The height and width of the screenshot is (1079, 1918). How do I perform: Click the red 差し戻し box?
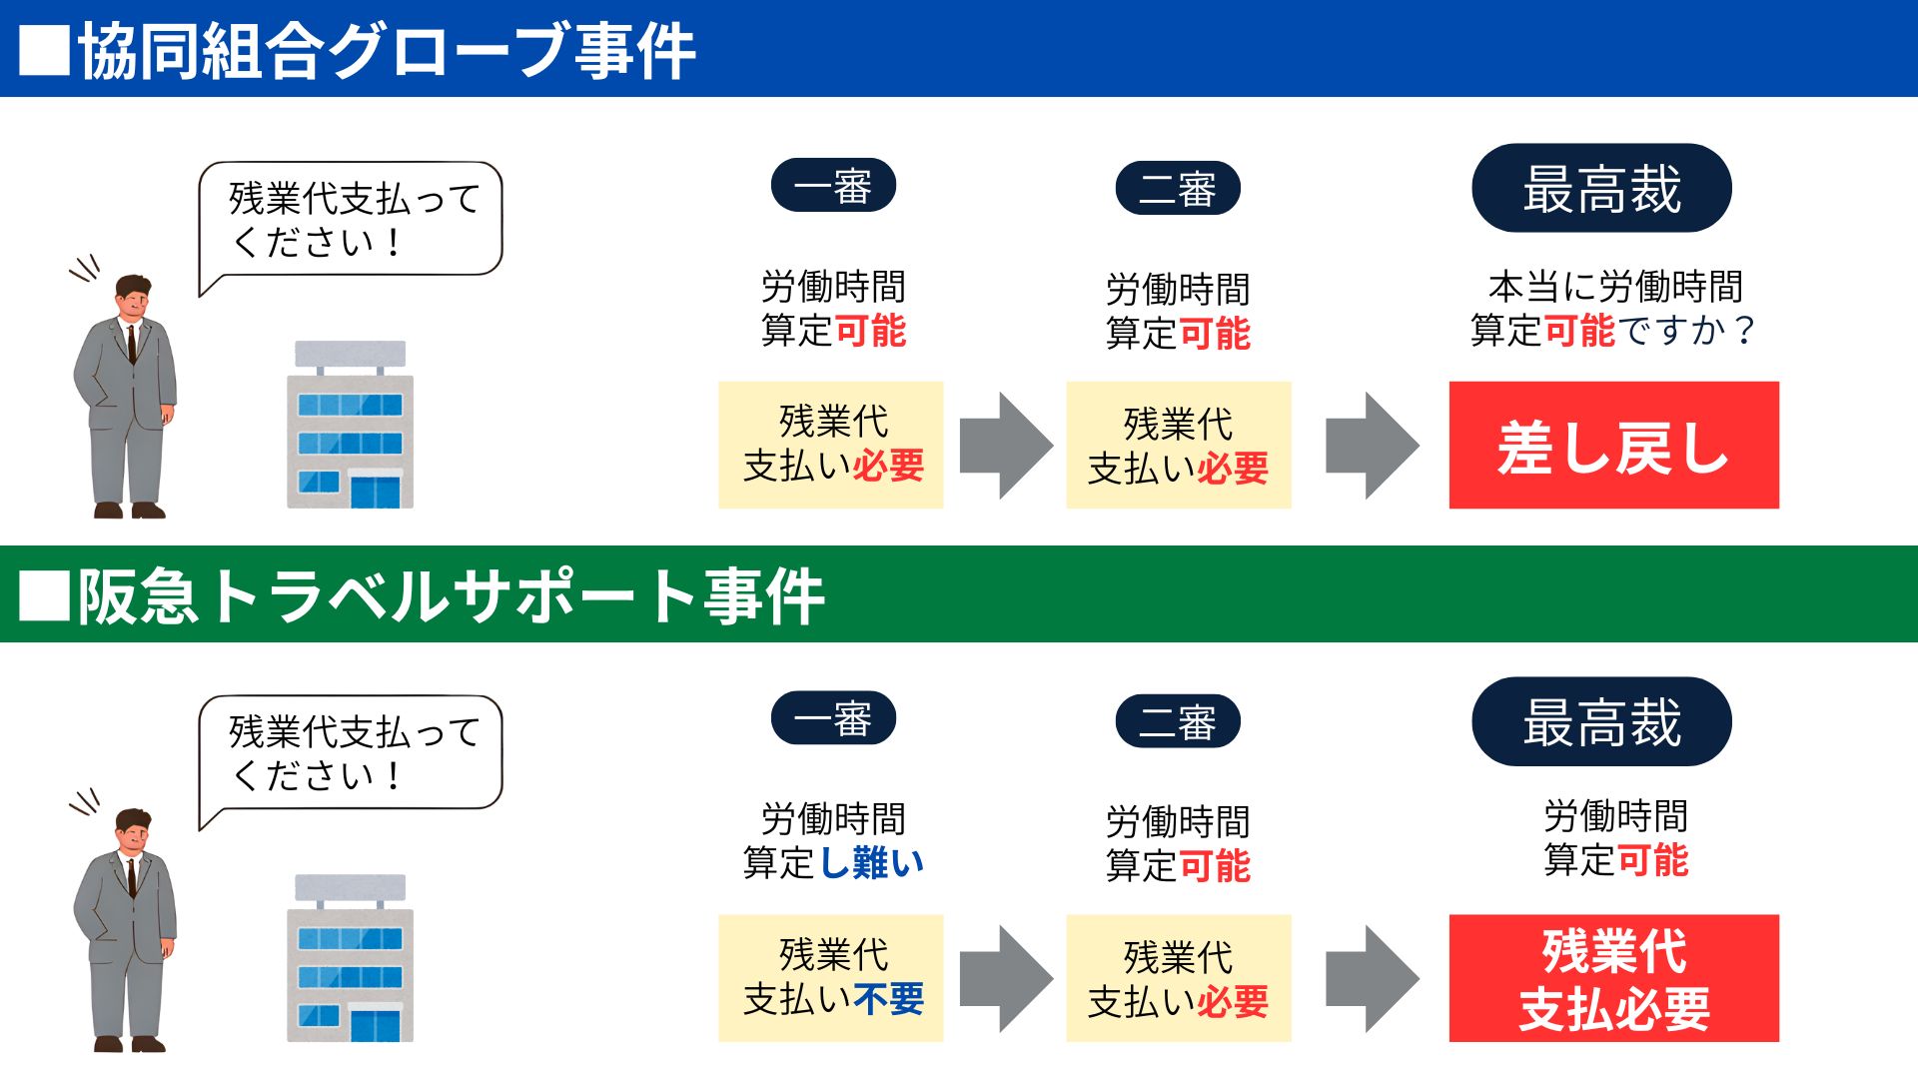(x=1613, y=446)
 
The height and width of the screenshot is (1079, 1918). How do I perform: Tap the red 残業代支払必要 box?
(x=1613, y=978)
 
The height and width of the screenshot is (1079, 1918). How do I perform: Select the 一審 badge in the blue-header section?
(x=833, y=186)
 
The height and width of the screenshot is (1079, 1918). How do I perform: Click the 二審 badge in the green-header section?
(x=1178, y=721)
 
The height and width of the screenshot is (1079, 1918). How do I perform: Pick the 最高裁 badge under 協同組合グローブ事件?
(x=1601, y=189)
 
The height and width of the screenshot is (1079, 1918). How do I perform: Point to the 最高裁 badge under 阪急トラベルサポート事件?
(x=1601, y=722)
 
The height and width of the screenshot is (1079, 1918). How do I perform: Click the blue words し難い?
(x=872, y=862)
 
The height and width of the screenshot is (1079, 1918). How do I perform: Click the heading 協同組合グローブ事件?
(x=387, y=51)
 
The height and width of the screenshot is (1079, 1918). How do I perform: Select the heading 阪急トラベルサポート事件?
(x=452, y=596)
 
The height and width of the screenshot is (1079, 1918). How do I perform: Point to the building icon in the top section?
(x=350, y=426)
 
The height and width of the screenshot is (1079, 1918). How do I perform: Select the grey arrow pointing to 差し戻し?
(x=1371, y=446)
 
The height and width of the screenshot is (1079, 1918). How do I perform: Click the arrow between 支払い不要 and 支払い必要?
(x=1005, y=978)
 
